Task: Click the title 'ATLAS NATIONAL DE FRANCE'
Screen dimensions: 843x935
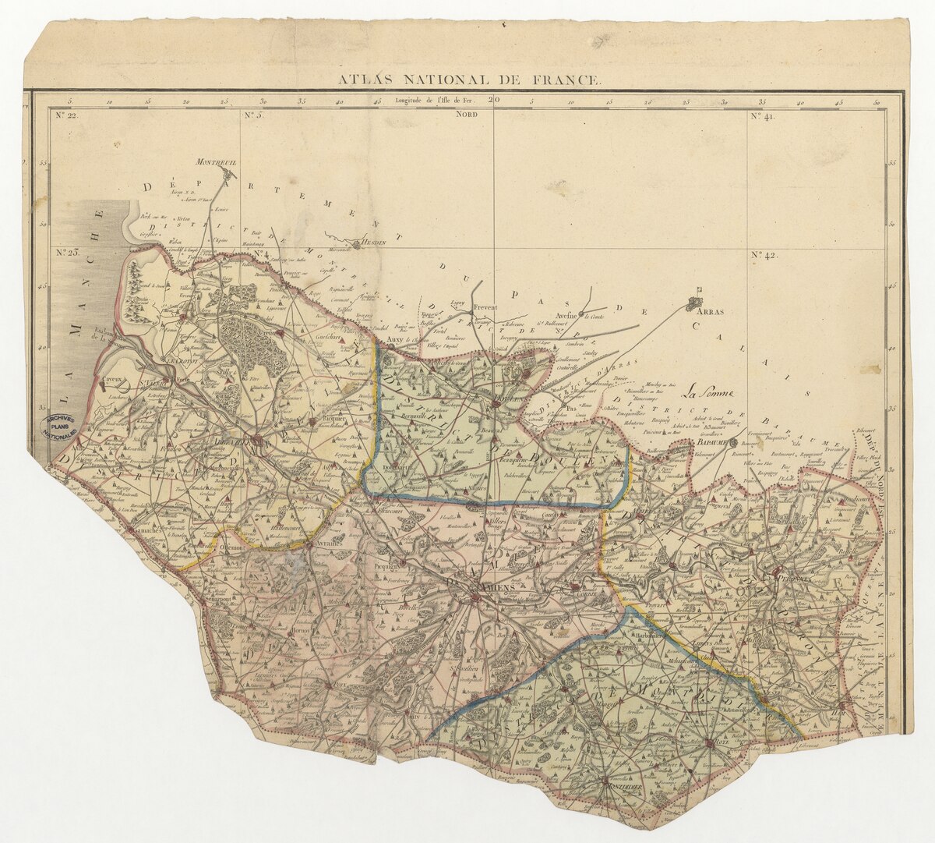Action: coord(469,80)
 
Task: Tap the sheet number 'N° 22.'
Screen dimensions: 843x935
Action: coord(68,116)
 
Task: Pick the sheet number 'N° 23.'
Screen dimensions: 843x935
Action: coord(69,253)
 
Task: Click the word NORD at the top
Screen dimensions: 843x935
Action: coord(467,115)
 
